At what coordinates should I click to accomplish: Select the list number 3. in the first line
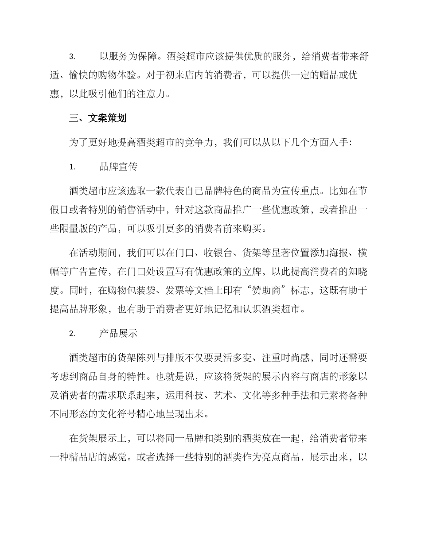(x=72, y=57)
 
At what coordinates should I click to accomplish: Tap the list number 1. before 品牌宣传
(x=72, y=167)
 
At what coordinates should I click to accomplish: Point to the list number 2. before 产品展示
(x=72, y=334)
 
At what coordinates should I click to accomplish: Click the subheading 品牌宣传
(x=118, y=167)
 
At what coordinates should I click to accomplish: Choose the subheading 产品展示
(x=118, y=334)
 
